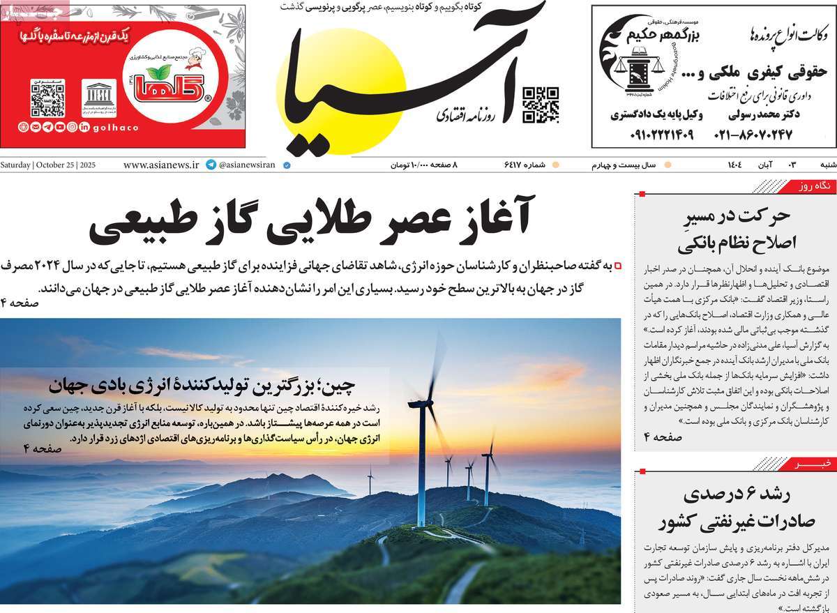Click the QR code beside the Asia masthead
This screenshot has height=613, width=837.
[541, 105]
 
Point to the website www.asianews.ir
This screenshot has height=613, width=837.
[161, 165]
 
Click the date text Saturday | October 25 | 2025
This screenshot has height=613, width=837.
[48, 165]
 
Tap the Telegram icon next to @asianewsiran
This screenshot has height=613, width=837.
[211, 165]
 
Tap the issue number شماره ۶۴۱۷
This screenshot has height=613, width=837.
[522, 165]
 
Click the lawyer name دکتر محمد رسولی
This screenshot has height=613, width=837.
[765, 114]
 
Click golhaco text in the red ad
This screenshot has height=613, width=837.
[116, 127]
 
